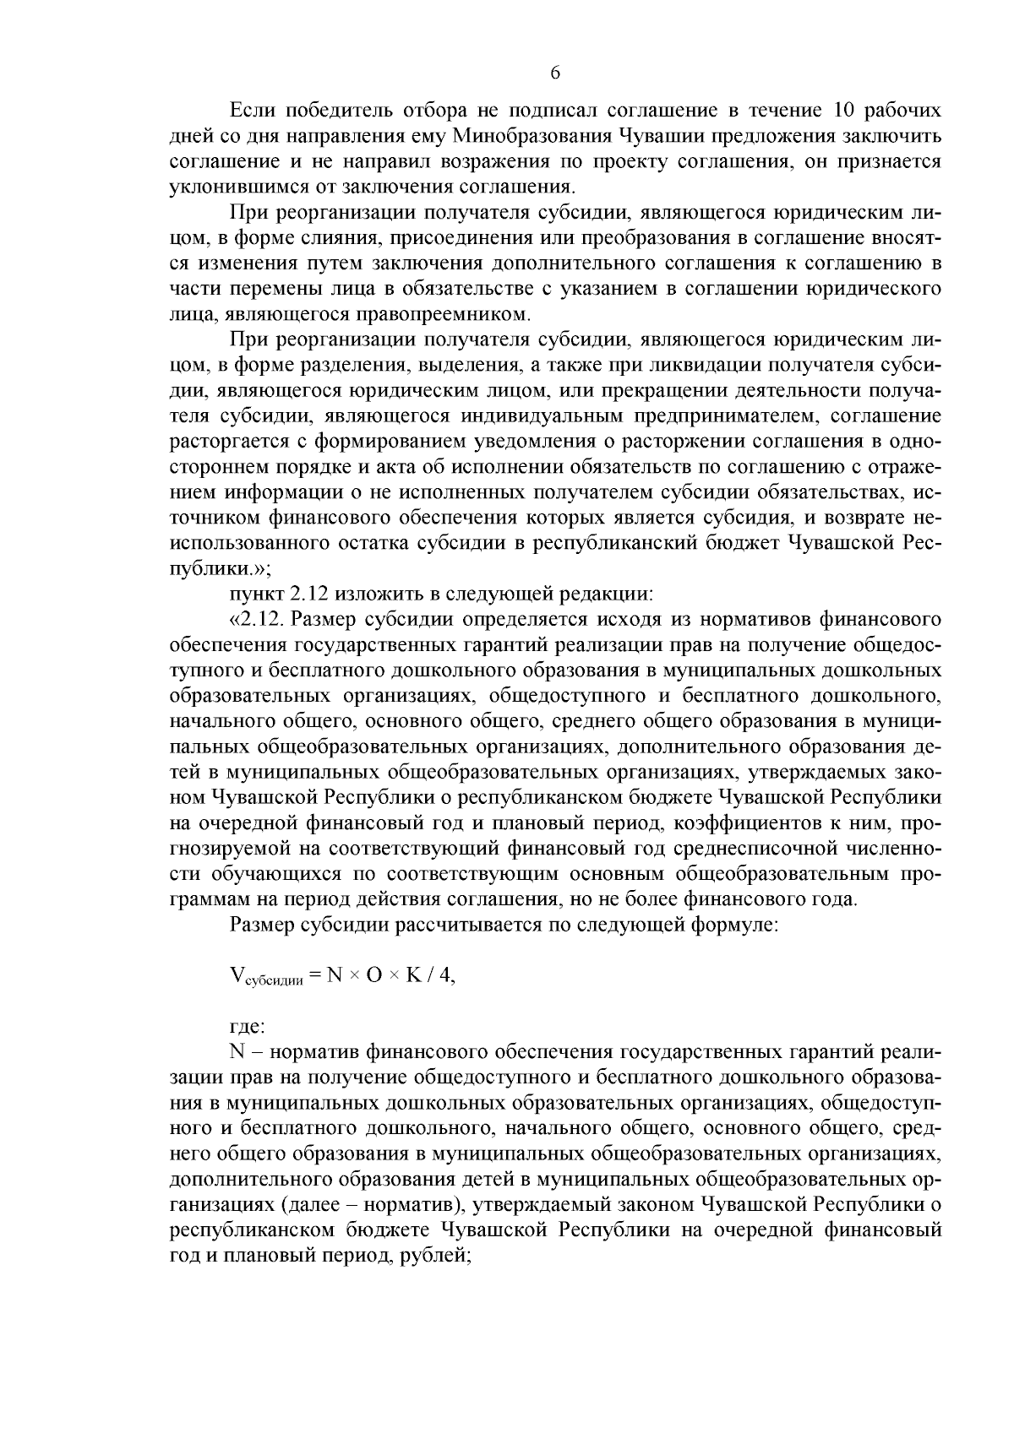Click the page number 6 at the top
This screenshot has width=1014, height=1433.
pyautogui.click(x=555, y=73)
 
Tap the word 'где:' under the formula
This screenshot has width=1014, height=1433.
pyautogui.click(x=248, y=1026)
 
